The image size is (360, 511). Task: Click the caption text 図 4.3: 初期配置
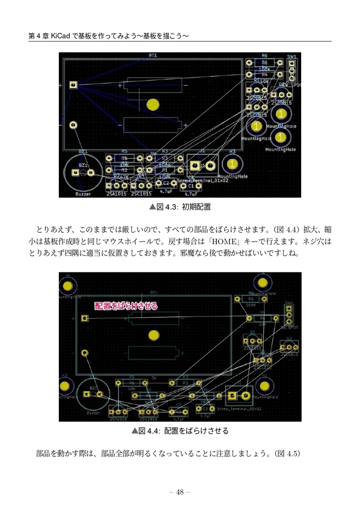pos(180,206)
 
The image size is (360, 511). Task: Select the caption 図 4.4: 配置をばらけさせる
pos(180,430)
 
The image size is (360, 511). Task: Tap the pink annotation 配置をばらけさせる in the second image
pos(126,306)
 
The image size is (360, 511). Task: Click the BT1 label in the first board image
pos(153,55)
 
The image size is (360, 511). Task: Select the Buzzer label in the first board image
pos(83,193)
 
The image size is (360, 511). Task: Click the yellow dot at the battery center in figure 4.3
pos(153,104)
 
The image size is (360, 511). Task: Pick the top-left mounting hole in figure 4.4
pos(67,285)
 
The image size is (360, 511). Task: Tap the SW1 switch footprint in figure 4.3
pos(292,70)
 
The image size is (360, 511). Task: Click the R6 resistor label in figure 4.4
pos(251,299)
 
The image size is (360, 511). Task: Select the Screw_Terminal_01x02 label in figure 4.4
pos(240,408)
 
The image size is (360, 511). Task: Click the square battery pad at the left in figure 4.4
pos(85,318)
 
